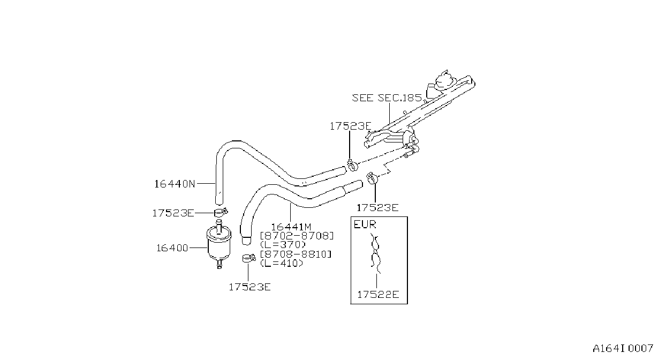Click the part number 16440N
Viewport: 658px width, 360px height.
coord(175,184)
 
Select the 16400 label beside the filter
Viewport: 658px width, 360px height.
coord(172,248)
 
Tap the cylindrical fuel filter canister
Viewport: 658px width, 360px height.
coord(219,244)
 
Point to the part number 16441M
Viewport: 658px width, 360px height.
coord(291,227)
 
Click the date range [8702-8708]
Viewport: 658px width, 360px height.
coord(297,236)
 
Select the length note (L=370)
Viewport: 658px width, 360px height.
coord(283,244)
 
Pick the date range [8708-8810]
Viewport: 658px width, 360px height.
coord(296,254)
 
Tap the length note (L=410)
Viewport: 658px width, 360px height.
coord(282,263)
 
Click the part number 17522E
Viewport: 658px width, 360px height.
coord(378,295)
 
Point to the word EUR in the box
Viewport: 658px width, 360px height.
coord(365,224)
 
